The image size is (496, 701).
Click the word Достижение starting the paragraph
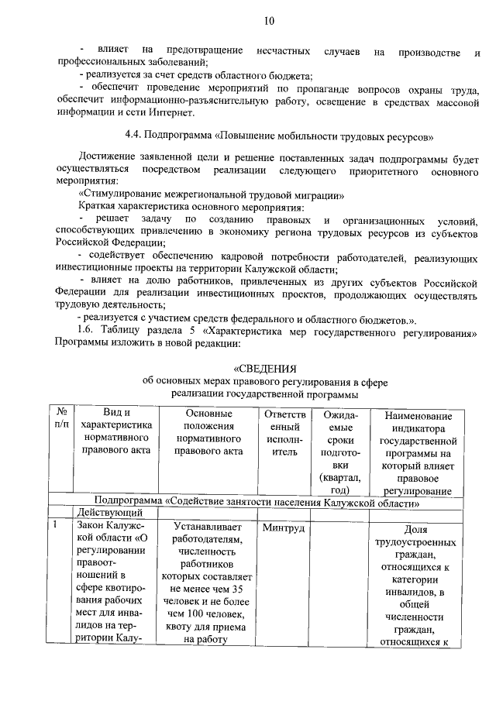coord(109,158)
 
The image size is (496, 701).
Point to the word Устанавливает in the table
coord(208,528)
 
